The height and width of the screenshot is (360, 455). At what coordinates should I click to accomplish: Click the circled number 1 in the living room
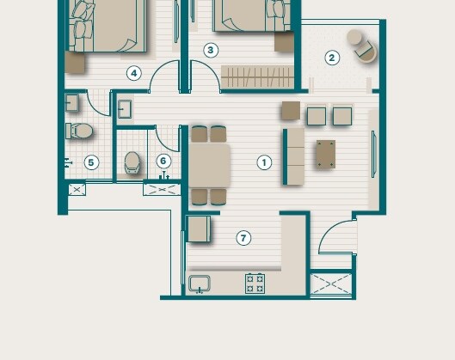[264, 162]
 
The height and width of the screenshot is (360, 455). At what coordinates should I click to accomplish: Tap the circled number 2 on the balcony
[332, 58]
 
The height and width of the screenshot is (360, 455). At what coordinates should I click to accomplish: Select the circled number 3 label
[211, 50]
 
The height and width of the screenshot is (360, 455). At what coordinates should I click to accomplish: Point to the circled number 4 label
[133, 73]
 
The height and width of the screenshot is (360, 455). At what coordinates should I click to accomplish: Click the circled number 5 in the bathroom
[91, 162]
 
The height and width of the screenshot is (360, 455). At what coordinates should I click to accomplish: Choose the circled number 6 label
[163, 161]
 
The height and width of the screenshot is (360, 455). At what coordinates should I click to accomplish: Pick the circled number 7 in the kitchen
[243, 238]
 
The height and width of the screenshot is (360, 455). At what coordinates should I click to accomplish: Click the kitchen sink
[200, 283]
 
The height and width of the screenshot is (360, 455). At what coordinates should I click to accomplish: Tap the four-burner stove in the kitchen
[255, 282]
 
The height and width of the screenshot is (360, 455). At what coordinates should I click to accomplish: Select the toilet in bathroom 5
[80, 131]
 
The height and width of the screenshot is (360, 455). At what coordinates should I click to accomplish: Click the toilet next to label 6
[132, 162]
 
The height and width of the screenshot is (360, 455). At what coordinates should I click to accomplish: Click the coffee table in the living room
[326, 154]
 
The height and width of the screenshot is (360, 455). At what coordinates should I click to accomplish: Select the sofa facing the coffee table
[294, 156]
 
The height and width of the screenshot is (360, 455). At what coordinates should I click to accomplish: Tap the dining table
[209, 165]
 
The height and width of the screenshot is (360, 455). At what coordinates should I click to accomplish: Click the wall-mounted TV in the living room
[372, 155]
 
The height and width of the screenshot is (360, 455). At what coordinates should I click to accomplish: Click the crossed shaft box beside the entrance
[331, 284]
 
